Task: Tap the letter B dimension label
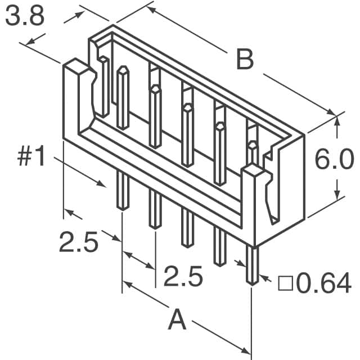245,60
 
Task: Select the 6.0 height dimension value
335,160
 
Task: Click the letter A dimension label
177,321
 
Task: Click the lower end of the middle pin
187,244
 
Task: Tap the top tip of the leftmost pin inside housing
123,70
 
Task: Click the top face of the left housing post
76,68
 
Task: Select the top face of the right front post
254,171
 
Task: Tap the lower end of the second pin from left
155,226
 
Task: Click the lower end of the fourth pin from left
219,262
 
